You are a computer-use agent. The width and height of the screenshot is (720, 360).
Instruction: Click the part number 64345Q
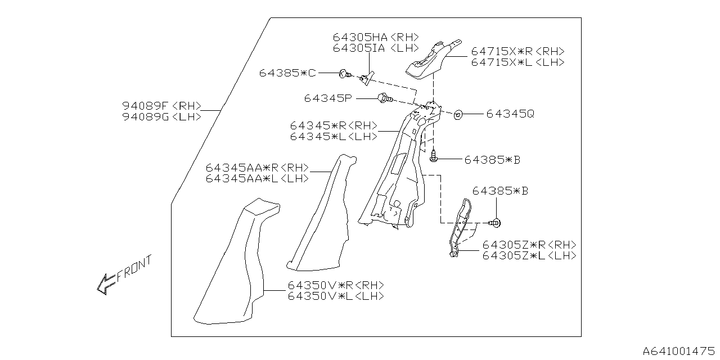(x=510, y=114)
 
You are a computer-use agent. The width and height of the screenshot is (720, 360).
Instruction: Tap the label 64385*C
(x=288, y=73)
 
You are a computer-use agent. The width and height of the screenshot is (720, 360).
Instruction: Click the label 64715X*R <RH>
(x=517, y=51)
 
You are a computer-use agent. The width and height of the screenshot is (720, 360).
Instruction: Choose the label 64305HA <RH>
(x=376, y=37)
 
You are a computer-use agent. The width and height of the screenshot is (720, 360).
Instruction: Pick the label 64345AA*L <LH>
(x=257, y=178)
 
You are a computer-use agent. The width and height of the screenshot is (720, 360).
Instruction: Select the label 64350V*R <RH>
(x=335, y=285)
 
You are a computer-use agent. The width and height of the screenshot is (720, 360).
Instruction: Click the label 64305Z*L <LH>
(x=529, y=255)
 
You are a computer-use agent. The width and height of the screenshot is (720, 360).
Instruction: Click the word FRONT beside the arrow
(x=134, y=269)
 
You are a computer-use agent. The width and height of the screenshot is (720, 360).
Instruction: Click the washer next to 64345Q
(x=458, y=115)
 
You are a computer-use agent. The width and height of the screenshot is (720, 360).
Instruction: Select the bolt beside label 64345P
(x=384, y=99)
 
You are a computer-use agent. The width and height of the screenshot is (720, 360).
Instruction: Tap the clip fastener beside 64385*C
(x=343, y=74)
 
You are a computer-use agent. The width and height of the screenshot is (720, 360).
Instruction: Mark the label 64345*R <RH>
(x=334, y=126)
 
